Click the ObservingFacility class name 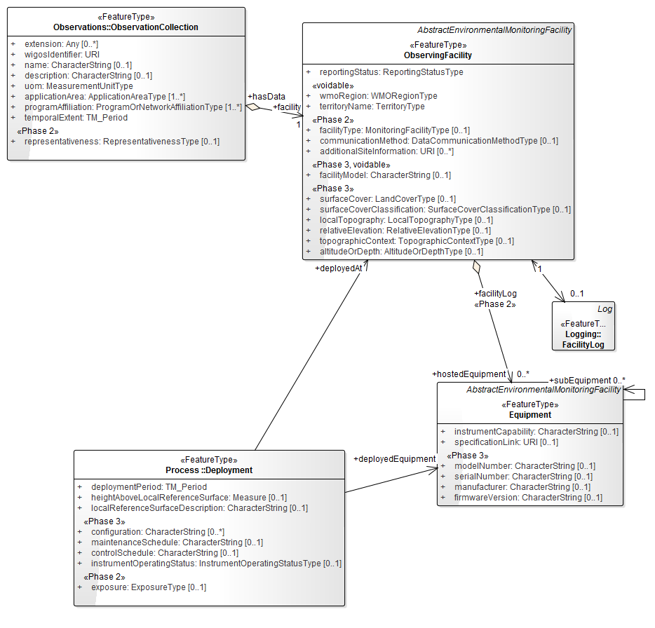click(x=438, y=55)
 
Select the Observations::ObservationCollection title click(x=126, y=27)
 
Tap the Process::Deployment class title click(x=209, y=470)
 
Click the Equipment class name click(x=530, y=414)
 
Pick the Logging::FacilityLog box click(x=585, y=335)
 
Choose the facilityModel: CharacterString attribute click(x=385, y=175)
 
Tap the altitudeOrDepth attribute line click(x=401, y=252)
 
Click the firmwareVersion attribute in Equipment click(x=528, y=498)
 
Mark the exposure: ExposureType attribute click(x=149, y=587)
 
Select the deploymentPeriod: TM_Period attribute click(x=149, y=486)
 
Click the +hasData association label click(x=266, y=96)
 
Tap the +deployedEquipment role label click(x=394, y=459)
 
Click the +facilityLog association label click(x=495, y=293)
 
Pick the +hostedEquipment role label click(x=469, y=374)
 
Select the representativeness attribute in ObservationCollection click(x=121, y=142)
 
